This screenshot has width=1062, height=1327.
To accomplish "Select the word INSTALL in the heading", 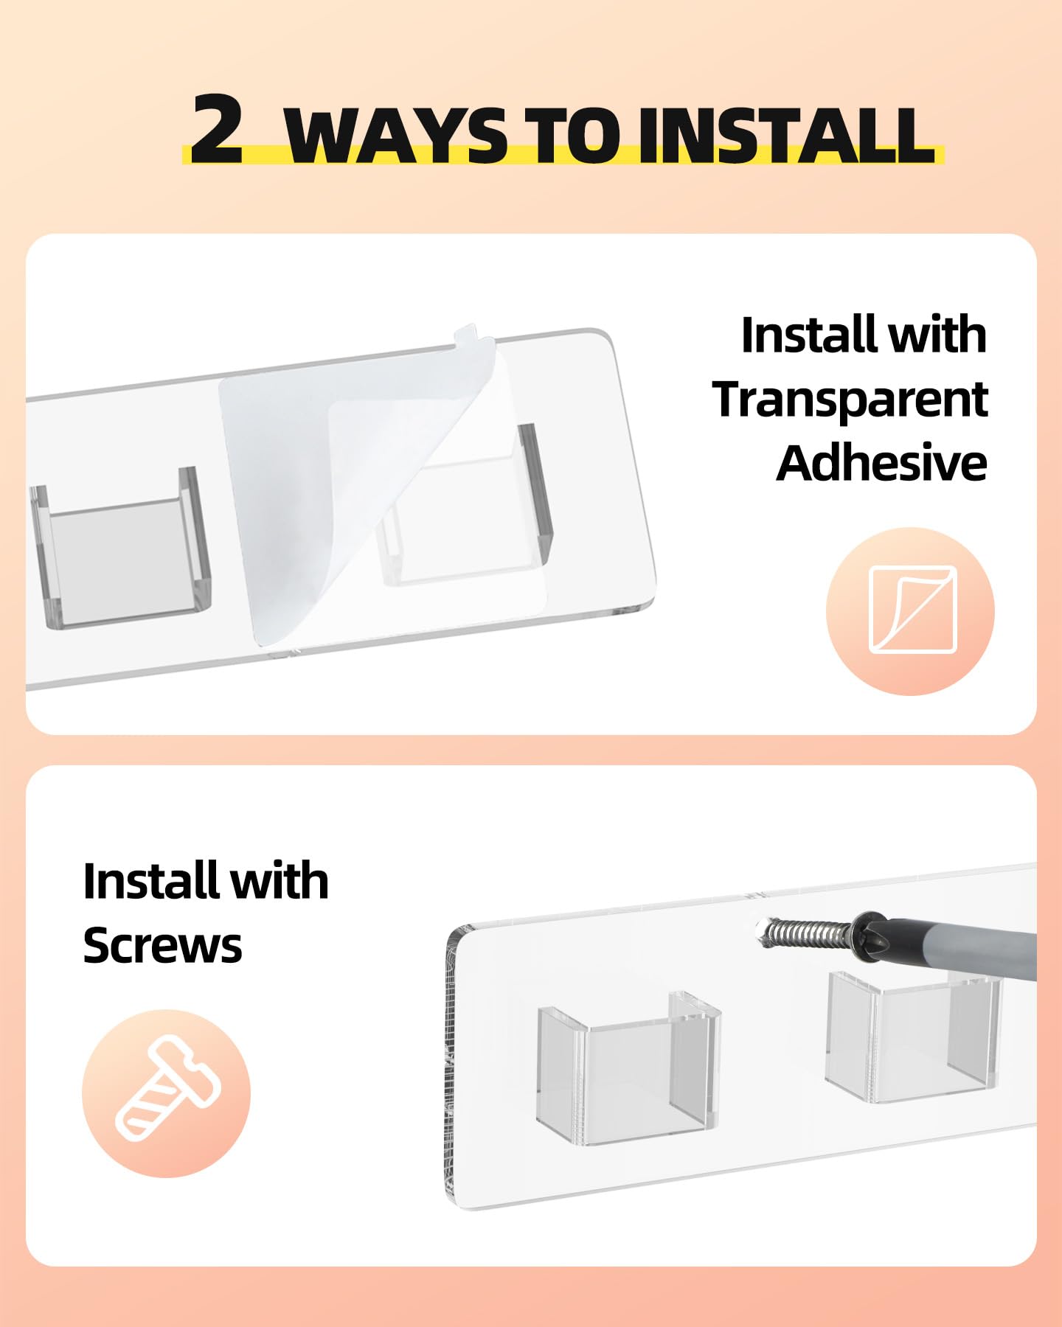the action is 786,135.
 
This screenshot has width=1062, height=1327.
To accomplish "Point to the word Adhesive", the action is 882,463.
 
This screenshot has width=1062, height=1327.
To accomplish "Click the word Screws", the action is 162,945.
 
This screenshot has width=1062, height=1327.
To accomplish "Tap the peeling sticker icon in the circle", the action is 913,610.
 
